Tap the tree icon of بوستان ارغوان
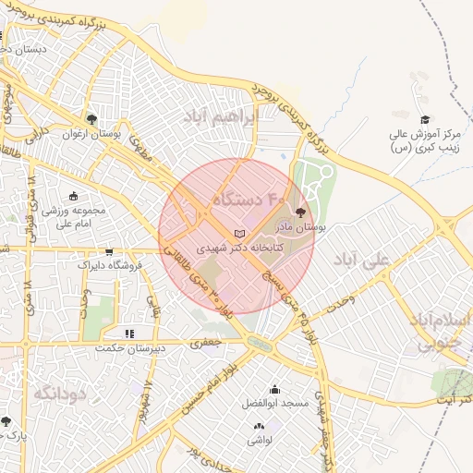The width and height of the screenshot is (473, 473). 91,119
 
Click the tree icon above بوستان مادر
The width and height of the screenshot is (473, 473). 299,212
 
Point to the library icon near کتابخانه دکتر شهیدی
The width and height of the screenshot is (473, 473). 240,235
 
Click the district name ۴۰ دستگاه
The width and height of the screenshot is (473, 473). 250,199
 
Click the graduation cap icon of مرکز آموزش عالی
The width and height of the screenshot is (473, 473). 425,119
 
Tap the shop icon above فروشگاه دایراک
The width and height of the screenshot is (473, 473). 109,251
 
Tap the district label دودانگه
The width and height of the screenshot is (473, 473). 59,394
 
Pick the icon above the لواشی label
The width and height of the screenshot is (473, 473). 259,426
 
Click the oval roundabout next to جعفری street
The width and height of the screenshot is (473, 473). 261,345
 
